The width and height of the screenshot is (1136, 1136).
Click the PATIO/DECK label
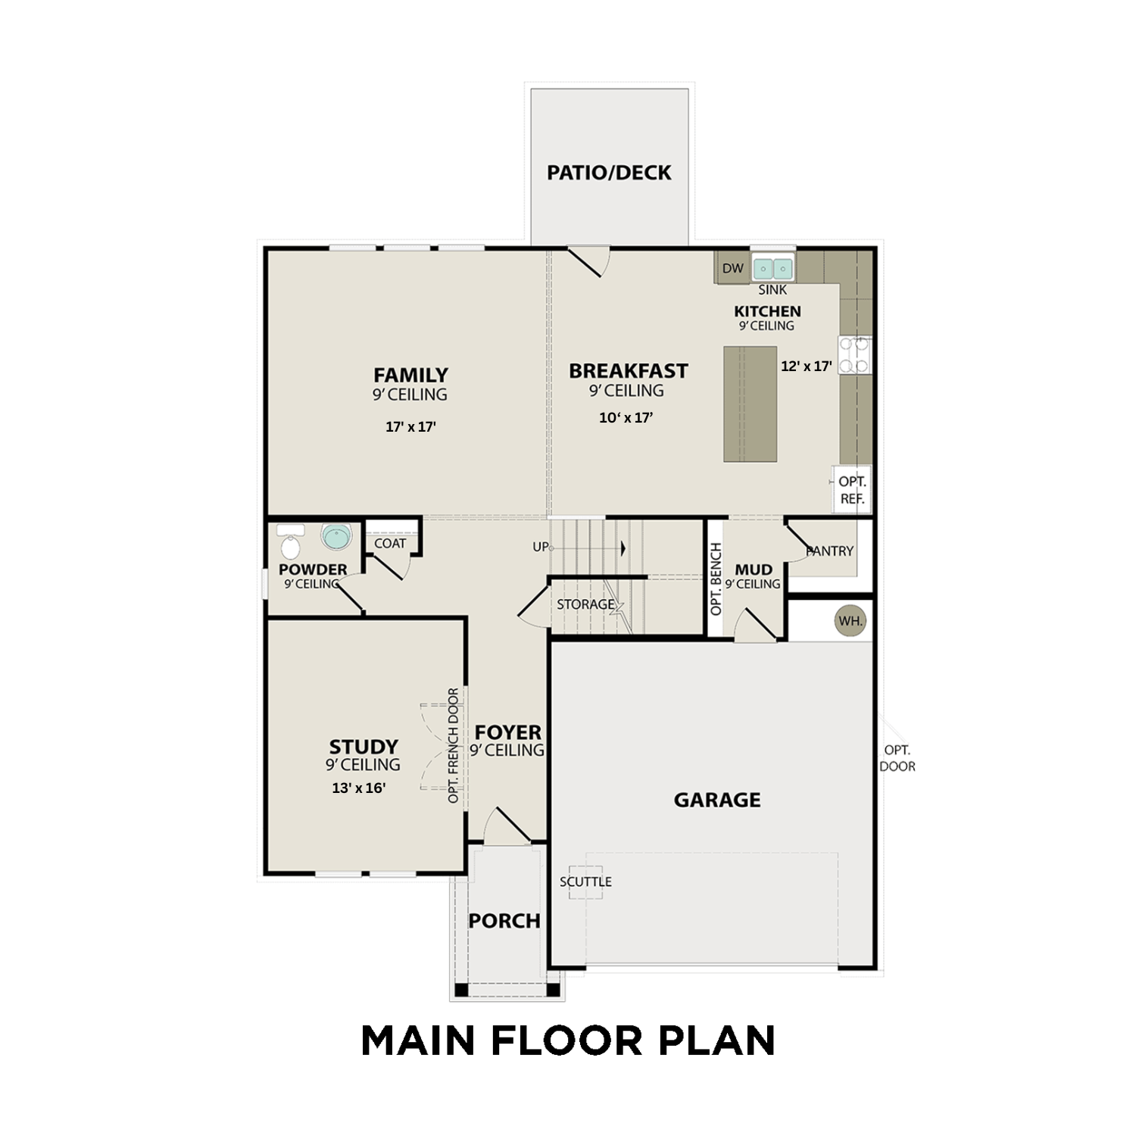[609, 173]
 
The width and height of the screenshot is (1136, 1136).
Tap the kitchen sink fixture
[772, 268]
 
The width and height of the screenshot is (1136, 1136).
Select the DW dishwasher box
[732, 268]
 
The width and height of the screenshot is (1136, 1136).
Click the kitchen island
[750, 404]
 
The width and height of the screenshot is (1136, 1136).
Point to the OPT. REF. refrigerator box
[852, 490]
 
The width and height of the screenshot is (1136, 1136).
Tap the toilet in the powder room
[290, 541]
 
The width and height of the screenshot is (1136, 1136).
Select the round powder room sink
[336, 537]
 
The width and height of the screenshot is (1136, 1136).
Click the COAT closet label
[390, 543]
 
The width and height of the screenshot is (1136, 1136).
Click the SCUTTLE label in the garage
[585, 882]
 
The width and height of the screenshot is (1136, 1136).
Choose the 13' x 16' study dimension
[359, 788]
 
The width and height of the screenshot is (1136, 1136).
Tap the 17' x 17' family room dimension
[410, 426]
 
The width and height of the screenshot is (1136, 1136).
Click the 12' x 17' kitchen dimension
[807, 366]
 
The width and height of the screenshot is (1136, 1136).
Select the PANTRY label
[830, 551]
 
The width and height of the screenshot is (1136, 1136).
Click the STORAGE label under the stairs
[585, 604]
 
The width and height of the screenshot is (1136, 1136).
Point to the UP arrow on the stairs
[623, 548]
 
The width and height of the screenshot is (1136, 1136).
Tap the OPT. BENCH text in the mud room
[716, 579]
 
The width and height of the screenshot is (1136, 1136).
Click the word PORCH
[504, 921]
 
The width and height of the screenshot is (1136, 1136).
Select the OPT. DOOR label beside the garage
[897, 758]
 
